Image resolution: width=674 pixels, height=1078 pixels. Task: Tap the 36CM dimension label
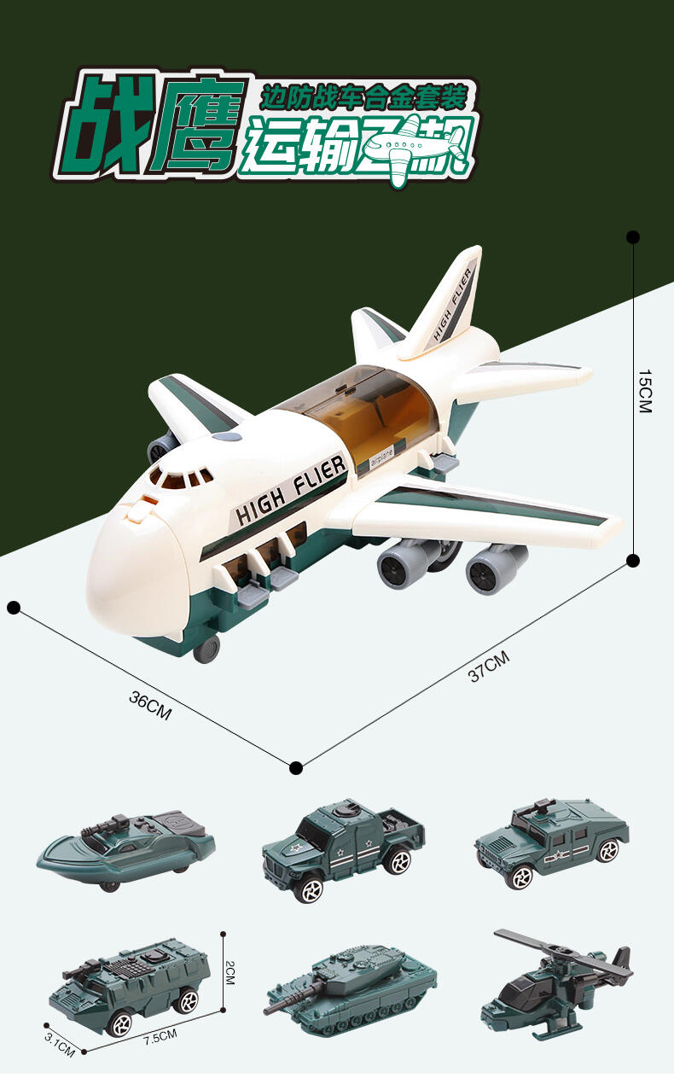click(150, 706)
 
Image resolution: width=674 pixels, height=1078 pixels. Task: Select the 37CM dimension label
click(489, 666)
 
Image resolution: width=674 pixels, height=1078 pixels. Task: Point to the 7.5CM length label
click(160, 1036)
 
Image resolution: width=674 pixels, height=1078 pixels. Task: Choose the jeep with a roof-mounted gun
click(551, 840)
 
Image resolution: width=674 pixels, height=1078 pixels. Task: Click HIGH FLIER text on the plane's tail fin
click(452, 305)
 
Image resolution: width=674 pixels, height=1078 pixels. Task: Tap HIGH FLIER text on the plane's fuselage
click(291, 490)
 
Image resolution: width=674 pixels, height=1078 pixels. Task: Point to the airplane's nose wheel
click(206, 651)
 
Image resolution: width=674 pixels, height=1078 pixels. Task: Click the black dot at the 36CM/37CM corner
click(296, 768)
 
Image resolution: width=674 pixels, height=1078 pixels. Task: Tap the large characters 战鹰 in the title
click(154, 125)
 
